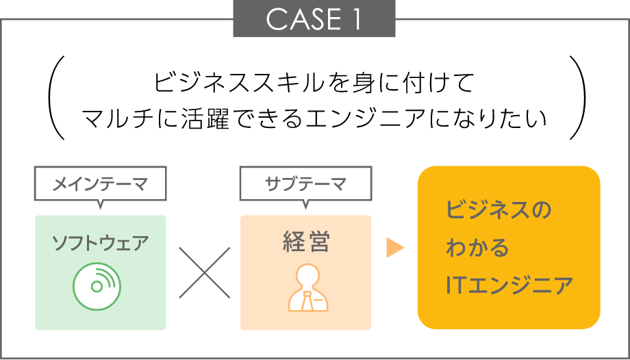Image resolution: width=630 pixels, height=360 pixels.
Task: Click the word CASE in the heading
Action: (299, 20)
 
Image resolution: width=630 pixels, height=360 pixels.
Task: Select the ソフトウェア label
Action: (100, 243)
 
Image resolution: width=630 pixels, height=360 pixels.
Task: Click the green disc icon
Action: (97, 284)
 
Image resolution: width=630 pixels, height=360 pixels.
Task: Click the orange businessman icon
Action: (306, 288)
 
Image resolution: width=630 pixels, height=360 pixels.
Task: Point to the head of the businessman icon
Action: (306, 275)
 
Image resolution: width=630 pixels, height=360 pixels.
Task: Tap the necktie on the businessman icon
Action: (306, 298)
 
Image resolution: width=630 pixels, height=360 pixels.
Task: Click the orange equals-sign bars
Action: (401, 247)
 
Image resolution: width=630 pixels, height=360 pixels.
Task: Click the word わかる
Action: (477, 247)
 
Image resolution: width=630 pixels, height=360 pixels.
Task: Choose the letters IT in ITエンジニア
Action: (455, 285)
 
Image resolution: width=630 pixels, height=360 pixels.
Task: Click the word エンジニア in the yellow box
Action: (519, 285)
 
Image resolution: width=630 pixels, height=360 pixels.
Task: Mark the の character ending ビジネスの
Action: (541, 209)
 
